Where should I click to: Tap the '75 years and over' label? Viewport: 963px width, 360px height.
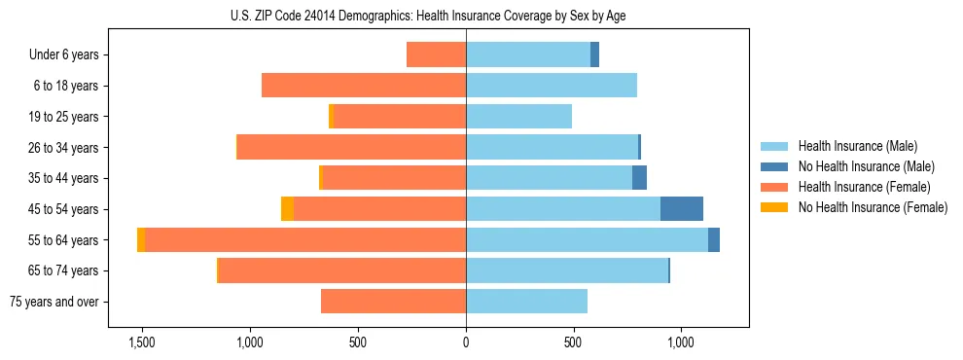coord(54,302)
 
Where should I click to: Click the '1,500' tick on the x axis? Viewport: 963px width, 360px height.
coord(142,342)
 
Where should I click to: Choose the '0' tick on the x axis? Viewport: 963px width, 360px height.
coord(466,342)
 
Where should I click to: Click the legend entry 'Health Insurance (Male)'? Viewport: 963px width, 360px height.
coord(855,146)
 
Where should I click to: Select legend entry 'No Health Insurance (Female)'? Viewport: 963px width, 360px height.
coord(872,207)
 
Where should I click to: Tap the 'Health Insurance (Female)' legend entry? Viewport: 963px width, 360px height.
coord(863,187)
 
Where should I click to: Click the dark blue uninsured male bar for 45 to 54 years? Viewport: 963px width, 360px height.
coord(681,209)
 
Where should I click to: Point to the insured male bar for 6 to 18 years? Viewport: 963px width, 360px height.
coord(552,86)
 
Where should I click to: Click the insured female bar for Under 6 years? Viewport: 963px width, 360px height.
coord(436,55)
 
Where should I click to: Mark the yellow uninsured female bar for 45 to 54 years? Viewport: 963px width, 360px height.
coord(287,209)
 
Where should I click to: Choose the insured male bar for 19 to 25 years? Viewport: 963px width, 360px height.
coord(518,117)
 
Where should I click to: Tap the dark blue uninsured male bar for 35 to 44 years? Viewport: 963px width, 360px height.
coord(639,178)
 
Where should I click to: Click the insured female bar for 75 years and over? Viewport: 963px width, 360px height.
coord(393,302)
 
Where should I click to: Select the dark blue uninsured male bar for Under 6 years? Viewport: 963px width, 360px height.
coord(594,55)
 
